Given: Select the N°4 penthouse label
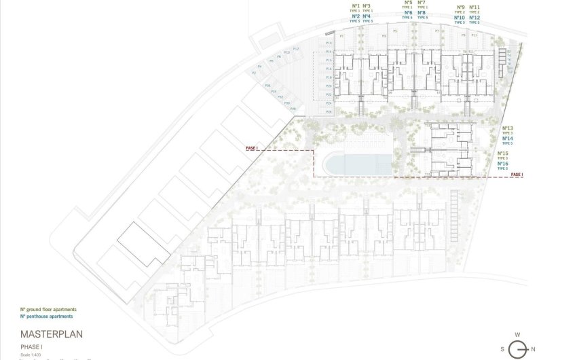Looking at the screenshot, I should click(x=367, y=16).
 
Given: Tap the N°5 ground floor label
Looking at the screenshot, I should click(x=408, y=3).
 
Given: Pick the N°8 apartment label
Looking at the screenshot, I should click(x=422, y=12).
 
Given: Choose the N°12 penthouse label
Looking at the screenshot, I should click(x=474, y=18).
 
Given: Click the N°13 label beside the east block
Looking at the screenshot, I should click(x=508, y=128).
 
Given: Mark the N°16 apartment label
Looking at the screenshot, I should click(x=503, y=164).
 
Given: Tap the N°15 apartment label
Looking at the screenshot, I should click(x=503, y=154).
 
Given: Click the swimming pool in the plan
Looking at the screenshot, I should click(x=357, y=163).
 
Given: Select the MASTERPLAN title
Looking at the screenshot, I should click(x=52, y=335).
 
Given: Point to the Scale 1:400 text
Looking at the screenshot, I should click(x=31, y=353).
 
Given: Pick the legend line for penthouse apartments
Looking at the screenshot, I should click(x=46, y=317).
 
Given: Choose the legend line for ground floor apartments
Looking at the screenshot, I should click(x=48, y=309).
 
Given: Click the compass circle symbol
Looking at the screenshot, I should click(x=518, y=349).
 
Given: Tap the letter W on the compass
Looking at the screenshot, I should click(x=517, y=334).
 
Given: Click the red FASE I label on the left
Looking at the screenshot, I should click(x=253, y=147).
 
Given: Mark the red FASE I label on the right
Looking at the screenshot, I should click(x=517, y=175).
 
